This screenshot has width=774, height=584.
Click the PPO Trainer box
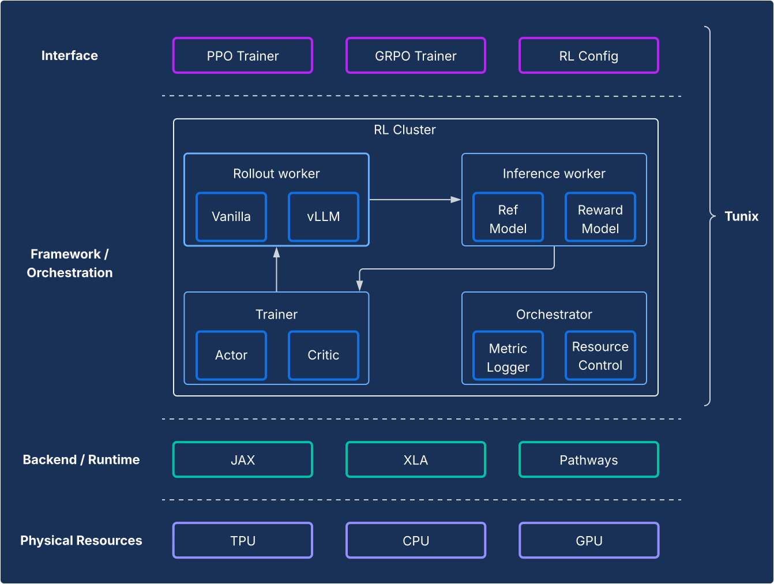point(243,56)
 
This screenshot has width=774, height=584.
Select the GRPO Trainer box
point(416,56)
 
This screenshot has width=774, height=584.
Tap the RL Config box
point(589,56)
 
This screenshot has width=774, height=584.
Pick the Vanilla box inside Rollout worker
point(231,217)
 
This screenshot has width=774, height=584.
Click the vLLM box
point(324,217)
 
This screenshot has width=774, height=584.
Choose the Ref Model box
point(508,219)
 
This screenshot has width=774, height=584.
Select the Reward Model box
point(600,219)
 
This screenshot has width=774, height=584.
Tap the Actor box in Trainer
point(231,355)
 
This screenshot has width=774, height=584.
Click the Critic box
point(324,355)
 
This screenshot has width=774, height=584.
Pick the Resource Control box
point(600,356)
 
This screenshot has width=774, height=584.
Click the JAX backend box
point(243,460)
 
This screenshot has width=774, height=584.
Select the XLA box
point(416,460)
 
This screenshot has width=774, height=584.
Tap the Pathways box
point(589,460)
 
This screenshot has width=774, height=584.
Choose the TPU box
point(243,541)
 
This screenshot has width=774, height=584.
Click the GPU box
point(589,541)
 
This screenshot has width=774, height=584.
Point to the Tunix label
point(741,216)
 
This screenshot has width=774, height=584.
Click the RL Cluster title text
point(404,130)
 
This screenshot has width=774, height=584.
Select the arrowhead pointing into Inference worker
point(456,200)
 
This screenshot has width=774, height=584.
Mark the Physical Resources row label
point(81,541)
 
